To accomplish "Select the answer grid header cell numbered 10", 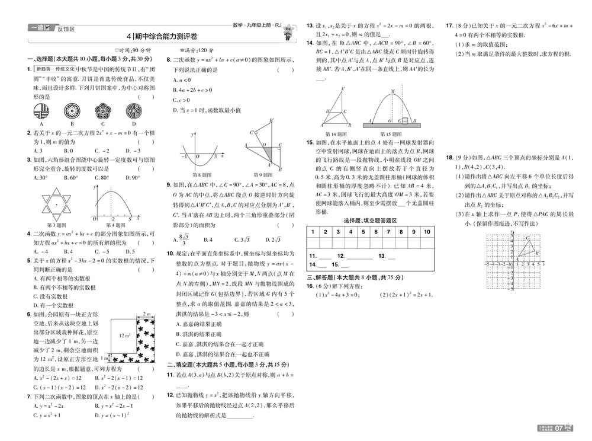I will pos(426,232).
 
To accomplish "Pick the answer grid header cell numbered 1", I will pos(313,232).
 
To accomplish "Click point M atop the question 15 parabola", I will pos(392,91).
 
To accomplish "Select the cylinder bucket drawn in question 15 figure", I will pos(405,121).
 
